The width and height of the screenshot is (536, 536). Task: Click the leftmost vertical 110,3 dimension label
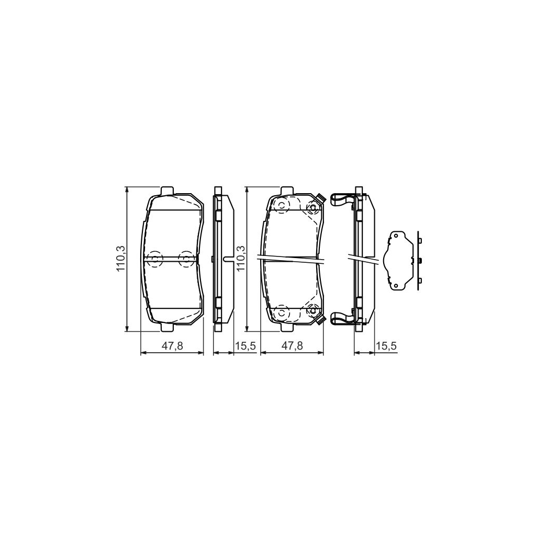pyautogui.click(x=120, y=259)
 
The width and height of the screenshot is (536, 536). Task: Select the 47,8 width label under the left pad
pyautogui.click(x=173, y=346)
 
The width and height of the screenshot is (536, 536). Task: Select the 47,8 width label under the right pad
pyautogui.click(x=292, y=346)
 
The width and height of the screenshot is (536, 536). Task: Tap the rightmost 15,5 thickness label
pyautogui.click(x=387, y=346)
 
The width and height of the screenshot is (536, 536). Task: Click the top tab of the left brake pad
pyautogui.click(x=167, y=190)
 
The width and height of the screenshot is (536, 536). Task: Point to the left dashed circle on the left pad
pyautogui.click(x=155, y=258)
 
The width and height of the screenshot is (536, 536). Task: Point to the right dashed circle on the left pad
pyautogui.click(x=186, y=258)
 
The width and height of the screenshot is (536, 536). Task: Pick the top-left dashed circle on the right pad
pyautogui.click(x=282, y=206)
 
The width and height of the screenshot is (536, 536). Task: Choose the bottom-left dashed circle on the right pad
pyautogui.click(x=282, y=312)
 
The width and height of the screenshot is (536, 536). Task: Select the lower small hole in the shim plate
pyautogui.click(x=396, y=285)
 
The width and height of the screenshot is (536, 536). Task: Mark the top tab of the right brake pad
pyautogui.click(x=287, y=190)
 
